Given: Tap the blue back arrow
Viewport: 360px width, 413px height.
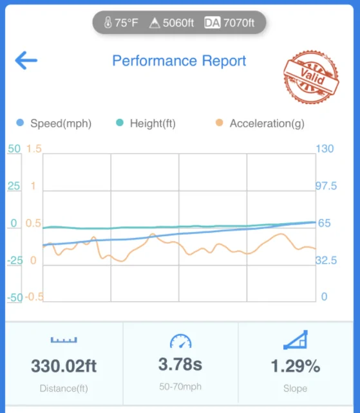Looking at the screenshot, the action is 26,60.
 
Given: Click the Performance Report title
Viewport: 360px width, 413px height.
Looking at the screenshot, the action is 179,61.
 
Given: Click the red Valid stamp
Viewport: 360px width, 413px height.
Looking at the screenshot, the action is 311,77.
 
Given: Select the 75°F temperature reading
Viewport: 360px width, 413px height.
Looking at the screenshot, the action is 121,23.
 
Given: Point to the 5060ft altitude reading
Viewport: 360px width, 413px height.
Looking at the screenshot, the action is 172,23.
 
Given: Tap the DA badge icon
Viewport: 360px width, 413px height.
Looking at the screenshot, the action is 212,23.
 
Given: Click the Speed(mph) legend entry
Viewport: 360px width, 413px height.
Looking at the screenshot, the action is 54,124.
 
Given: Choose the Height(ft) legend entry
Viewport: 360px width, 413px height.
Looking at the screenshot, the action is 146,124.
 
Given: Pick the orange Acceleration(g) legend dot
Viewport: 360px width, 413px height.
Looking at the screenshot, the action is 219,123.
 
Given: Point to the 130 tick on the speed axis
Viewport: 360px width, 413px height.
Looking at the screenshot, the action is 325,149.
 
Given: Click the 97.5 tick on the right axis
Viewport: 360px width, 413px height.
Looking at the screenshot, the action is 327,186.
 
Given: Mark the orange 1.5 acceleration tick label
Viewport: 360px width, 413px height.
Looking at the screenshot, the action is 34,149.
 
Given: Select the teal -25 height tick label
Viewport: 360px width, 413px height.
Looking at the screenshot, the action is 15,261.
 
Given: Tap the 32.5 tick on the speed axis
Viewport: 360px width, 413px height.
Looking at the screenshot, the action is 327,261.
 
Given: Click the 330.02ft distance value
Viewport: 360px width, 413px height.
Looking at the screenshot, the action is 64,366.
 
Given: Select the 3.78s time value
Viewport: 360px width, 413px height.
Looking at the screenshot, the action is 180,364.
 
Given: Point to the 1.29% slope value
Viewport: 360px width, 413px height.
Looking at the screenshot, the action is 296,366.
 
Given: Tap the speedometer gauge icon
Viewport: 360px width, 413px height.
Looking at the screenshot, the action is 181,342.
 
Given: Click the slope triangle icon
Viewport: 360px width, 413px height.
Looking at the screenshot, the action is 296,340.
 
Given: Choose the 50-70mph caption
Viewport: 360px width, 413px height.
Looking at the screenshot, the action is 180,387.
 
